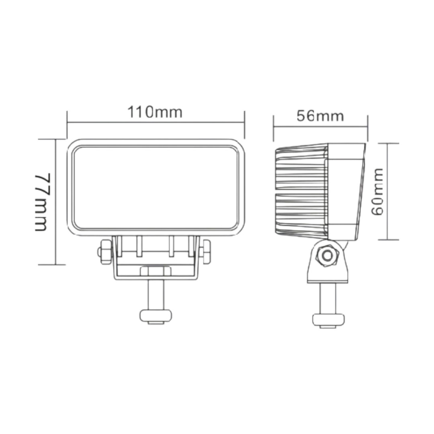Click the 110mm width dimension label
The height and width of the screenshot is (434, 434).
(x=155, y=112)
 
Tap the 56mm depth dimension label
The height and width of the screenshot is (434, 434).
(x=320, y=116)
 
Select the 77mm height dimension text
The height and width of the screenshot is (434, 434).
(x=42, y=202)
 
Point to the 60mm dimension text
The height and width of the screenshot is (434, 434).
(x=377, y=192)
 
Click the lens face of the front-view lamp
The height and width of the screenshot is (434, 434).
(x=156, y=188)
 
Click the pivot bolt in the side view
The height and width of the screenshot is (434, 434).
(x=328, y=255)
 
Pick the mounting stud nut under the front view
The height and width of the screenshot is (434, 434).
(x=156, y=316)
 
